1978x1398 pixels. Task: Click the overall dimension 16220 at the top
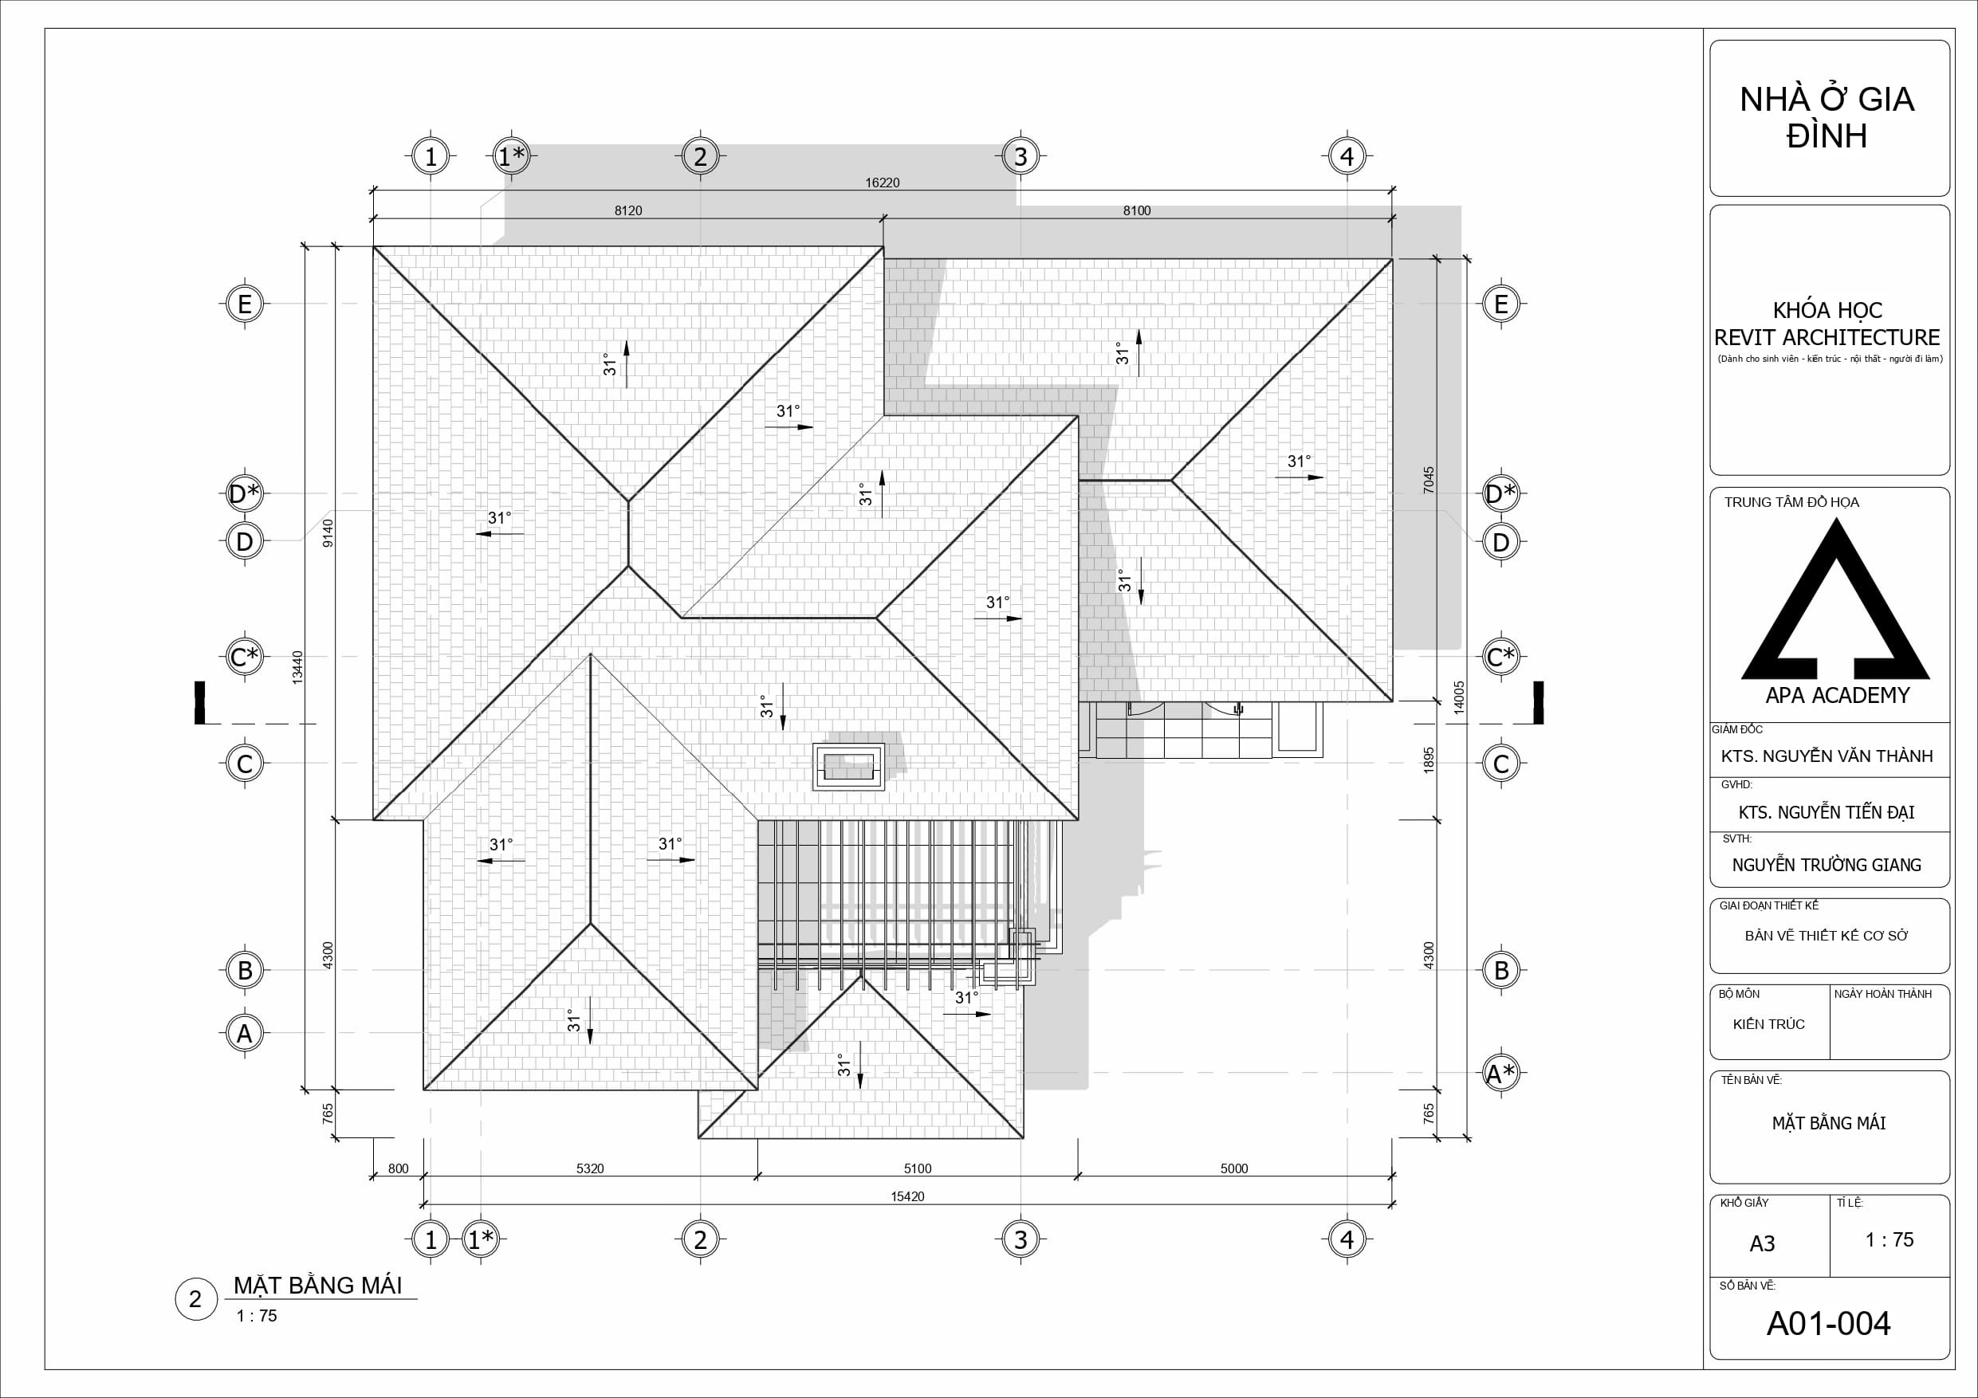[x=883, y=183]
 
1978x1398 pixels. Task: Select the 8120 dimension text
[x=628, y=210]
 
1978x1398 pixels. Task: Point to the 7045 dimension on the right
[x=1429, y=480]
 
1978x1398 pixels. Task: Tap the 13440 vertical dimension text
[x=298, y=666]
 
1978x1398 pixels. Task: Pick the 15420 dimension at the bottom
[x=908, y=1196]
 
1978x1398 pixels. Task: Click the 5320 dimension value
[x=590, y=1169]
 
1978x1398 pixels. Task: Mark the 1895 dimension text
[x=1429, y=760]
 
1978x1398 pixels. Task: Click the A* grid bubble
[x=1500, y=1074]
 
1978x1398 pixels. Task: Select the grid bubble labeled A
[x=245, y=1033]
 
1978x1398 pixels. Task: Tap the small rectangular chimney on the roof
[x=848, y=766]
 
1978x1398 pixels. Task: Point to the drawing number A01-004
[x=1828, y=1324]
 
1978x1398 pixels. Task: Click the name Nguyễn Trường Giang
[x=1827, y=865]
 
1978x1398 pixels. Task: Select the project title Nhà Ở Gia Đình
[x=1827, y=118]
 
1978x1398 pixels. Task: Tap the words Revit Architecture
[x=1827, y=338]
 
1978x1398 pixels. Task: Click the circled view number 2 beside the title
[x=195, y=1299]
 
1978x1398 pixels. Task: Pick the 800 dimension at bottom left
[x=398, y=1169]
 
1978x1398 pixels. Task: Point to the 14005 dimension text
[x=1459, y=697]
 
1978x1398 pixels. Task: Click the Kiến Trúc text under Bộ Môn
[x=1768, y=1024]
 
